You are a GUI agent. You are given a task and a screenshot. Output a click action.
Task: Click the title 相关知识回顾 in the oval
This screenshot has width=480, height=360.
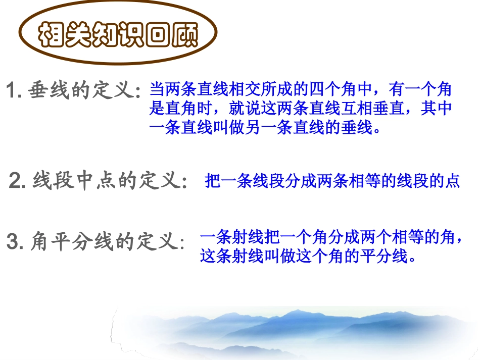[119, 35]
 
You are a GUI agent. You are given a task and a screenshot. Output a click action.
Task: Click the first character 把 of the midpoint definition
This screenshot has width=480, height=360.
[213, 181]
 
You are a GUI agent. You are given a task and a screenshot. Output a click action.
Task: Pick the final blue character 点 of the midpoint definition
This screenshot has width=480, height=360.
[453, 181]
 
